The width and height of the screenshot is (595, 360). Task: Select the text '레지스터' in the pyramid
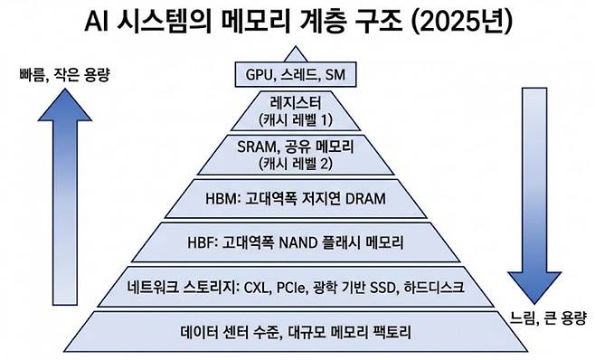coord(297,103)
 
